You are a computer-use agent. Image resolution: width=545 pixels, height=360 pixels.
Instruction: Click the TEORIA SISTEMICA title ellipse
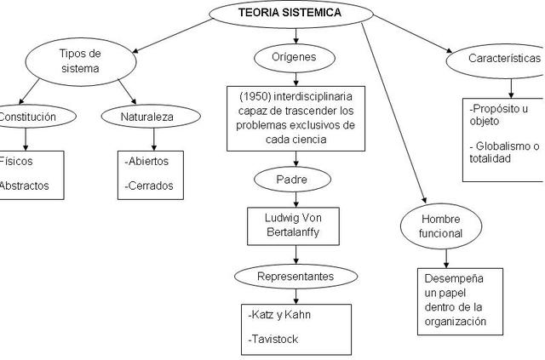[x=290, y=13]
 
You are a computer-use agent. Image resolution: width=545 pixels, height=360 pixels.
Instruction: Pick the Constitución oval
[x=27, y=117]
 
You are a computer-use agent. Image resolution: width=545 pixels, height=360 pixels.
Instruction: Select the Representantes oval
[x=295, y=277]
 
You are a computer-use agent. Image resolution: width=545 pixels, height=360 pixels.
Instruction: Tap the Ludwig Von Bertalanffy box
[x=295, y=224]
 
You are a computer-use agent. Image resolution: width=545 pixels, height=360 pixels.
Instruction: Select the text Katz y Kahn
[x=280, y=315]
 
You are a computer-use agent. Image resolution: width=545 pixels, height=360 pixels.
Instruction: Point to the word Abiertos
[x=147, y=161]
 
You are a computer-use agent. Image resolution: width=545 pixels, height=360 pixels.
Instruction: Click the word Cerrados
[x=148, y=185]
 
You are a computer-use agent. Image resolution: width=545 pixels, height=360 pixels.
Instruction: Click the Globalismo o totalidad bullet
[x=506, y=152]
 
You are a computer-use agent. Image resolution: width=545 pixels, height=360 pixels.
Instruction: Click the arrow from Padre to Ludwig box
[x=295, y=200]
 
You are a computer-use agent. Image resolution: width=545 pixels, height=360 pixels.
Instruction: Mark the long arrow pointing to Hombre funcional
[x=393, y=119]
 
